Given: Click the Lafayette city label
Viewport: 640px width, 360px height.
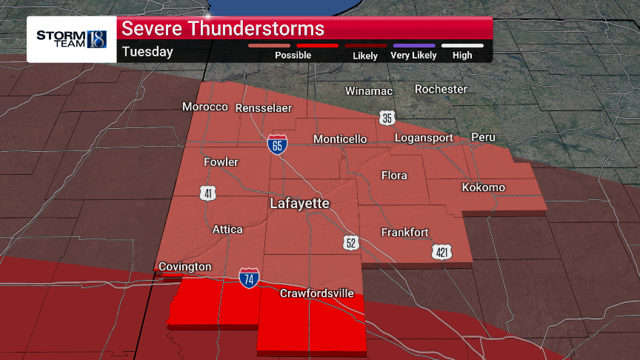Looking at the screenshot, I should [299, 202].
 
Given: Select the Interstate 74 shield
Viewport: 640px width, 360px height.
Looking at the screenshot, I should [249, 279].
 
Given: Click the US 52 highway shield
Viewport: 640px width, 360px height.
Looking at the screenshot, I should [351, 243].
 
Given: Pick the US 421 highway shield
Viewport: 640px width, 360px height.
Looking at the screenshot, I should [441, 253].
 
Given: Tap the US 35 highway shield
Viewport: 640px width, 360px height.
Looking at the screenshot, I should [387, 118].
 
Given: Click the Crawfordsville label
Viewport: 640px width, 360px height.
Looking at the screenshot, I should [316, 293].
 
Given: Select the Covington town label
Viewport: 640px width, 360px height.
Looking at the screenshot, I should [184, 267].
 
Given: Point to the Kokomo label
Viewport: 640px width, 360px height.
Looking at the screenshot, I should [483, 187].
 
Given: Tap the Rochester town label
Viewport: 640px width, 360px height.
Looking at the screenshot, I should [441, 89].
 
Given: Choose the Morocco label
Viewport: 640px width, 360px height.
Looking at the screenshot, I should [205, 107].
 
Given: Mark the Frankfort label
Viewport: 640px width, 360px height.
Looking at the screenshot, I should [404, 233].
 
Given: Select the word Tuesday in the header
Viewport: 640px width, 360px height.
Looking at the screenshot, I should [147, 52].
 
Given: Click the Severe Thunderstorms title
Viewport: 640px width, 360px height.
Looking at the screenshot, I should [223, 29].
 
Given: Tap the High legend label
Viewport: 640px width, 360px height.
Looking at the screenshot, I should [462, 56].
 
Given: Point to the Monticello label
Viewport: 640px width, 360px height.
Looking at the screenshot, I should [340, 139].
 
